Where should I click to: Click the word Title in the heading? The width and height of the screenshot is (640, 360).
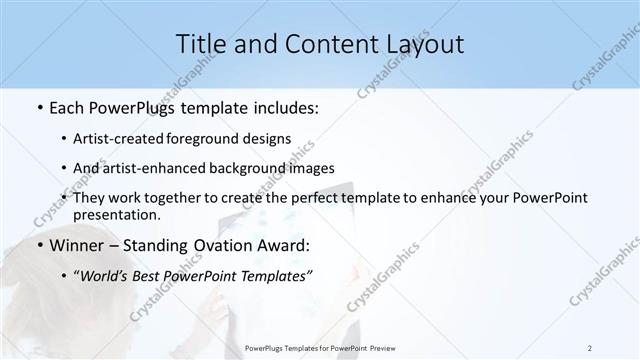click(x=199, y=44)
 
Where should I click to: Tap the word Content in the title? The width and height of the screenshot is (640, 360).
click(x=317, y=44)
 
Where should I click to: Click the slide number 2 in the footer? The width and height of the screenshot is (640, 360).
click(x=590, y=348)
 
